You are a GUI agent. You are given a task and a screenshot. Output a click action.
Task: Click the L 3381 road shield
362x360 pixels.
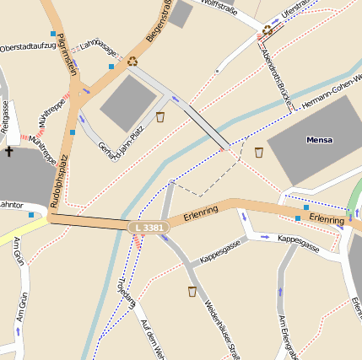(x=149, y=228)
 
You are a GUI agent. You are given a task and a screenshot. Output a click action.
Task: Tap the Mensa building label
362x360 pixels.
(x=319, y=140)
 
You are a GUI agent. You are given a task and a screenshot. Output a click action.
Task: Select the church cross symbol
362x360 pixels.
(x=9, y=152)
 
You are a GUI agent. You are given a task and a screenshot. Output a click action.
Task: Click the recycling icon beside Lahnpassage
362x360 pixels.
(x=132, y=61)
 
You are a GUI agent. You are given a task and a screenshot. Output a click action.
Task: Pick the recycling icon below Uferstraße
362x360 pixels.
(x=267, y=30)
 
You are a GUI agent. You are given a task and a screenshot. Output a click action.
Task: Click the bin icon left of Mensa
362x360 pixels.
(x=259, y=152)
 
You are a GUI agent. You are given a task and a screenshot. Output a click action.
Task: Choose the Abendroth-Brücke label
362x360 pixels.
(x=276, y=77)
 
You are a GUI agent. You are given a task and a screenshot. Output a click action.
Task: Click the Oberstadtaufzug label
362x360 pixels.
(x=28, y=46)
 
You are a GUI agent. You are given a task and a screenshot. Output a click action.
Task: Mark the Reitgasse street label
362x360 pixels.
(x=6, y=116)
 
